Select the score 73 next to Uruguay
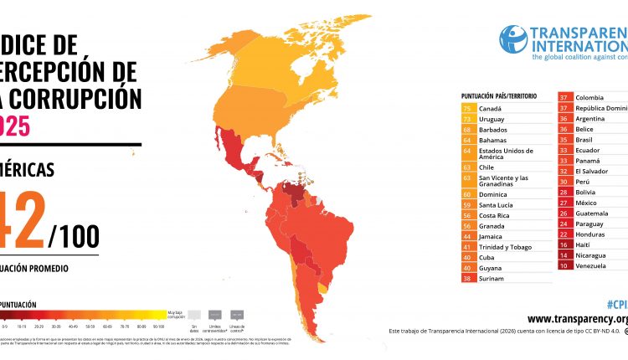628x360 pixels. pyautogui.click(x=466, y=120)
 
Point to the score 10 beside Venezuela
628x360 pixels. pyautogui.click(x=564, y=265)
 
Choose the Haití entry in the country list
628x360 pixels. pyautogui.click(x=586, y=244)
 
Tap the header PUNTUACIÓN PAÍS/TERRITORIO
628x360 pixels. pyautogui.click(x=498, y=97)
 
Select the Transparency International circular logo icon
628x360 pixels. pyautogui.click(x=513, y=39)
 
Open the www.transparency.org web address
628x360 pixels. pyautogui.click(x=578, y=319)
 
